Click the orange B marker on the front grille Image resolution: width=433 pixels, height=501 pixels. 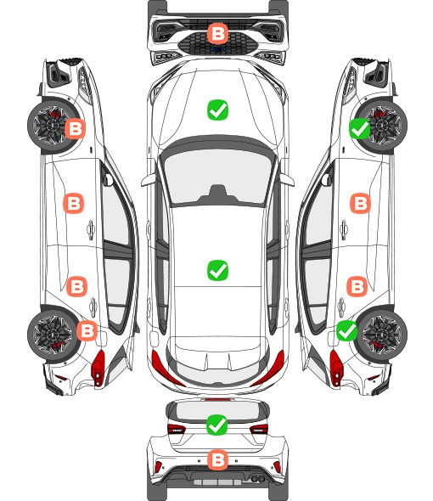(218, 33)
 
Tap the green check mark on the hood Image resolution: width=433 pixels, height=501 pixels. (217, 110)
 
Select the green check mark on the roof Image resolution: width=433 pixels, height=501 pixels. (217, 270)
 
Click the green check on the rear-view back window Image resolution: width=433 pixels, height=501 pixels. (217, 425)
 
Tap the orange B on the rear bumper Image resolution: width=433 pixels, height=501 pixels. (218, 460)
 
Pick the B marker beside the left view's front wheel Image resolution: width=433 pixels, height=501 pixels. (76, 129)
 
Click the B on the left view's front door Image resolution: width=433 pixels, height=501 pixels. (74, 203)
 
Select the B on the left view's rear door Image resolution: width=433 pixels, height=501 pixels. (76, 287)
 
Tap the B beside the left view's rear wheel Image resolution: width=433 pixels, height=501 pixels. (87, 330)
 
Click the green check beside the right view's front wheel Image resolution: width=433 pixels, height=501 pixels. (359, 129)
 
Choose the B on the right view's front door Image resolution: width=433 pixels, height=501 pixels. (361, 203)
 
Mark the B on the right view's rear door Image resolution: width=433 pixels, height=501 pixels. (357, 287)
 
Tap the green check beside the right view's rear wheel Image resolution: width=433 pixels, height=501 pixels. (347, 330)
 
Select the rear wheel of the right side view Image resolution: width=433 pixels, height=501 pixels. (383, 334)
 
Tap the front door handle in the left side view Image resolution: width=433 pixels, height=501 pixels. (91, 229)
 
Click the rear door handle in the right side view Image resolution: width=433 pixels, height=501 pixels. (341, 307)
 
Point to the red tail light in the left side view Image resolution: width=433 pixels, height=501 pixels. (98, 368)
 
